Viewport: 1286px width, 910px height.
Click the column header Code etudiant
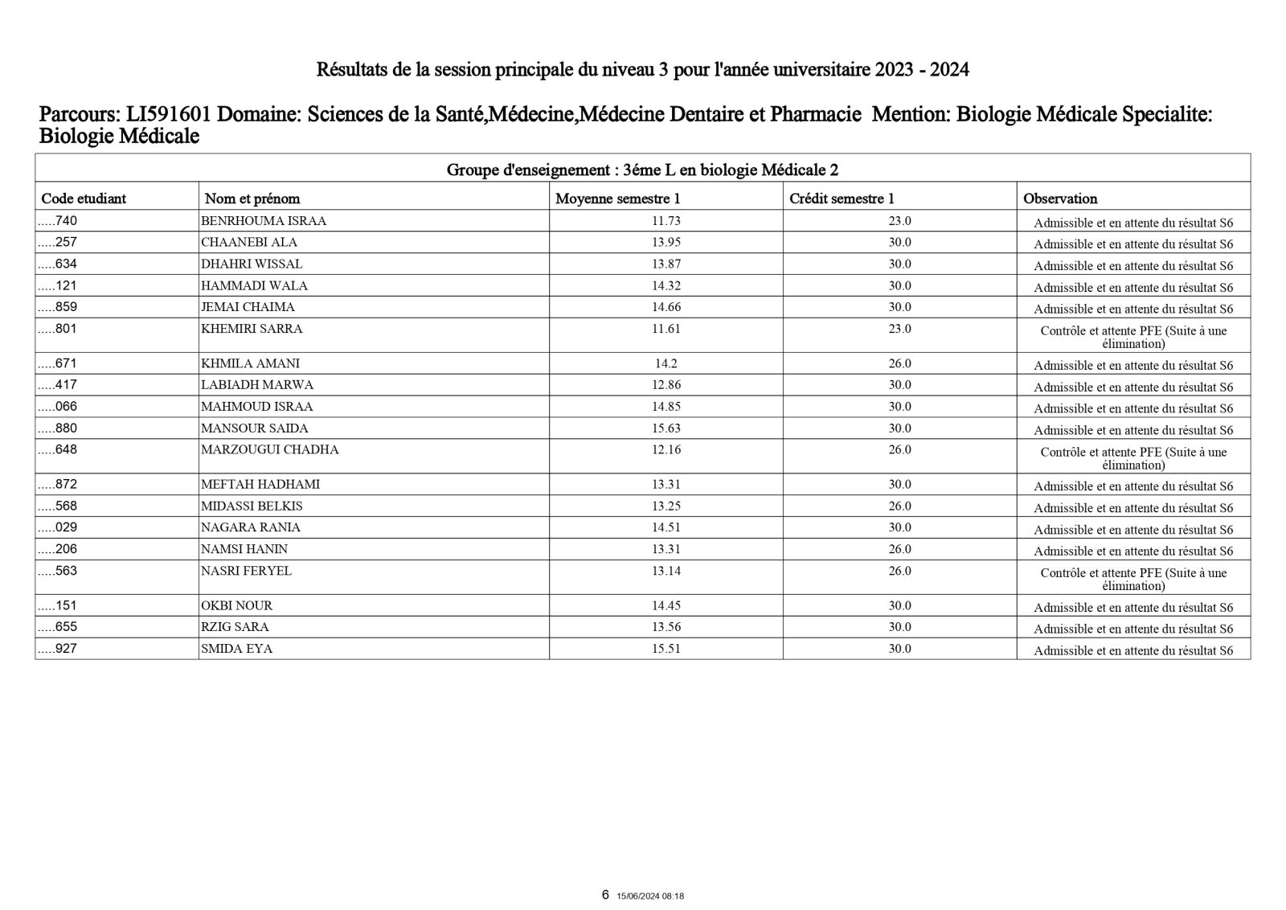click(84, 199)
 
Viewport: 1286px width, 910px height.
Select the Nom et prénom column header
click(252, 199)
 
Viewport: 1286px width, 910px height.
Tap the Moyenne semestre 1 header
click(617, 199)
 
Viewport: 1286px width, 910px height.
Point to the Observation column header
click(1060, 199)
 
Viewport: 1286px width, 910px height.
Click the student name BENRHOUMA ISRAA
click(264, 221)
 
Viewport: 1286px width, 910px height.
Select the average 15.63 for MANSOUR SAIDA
click(666, 428)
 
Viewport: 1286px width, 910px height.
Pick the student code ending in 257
click(59, 243)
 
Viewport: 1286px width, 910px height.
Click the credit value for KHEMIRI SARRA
click(899, 329)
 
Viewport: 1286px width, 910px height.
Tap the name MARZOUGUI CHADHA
click(270, 450)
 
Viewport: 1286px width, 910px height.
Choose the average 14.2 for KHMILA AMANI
click(666, 363)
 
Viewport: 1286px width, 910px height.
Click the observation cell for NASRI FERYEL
click(1133, 579)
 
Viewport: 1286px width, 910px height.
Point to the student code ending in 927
click(59, 649)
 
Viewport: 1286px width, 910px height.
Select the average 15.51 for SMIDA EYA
click(666, 649)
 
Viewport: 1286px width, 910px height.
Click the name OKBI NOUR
click(236, 606)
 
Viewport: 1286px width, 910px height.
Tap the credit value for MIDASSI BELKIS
click(899, 506)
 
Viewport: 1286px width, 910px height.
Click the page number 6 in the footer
click(605, 895)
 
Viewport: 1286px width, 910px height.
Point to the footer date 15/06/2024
click(640, 896)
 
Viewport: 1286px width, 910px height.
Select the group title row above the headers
click(642, 170)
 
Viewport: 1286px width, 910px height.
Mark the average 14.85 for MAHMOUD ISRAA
click(666, 407)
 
